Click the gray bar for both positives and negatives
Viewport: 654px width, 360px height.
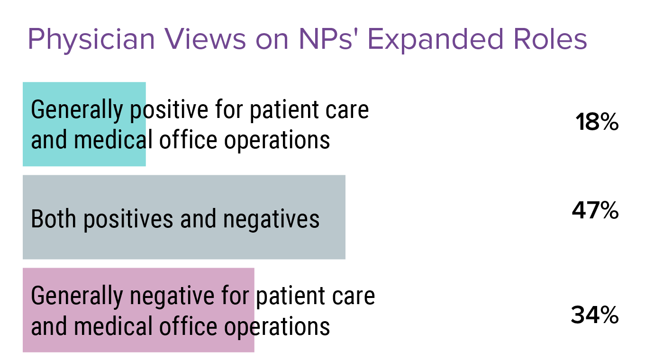(x=184, y=189)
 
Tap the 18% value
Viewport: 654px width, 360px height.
(x=597, y=123)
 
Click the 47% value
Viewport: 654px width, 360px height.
(x=595, y=211)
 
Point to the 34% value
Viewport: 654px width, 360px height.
(x=595, y=315)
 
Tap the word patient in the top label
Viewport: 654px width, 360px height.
(x=278, y=110)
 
